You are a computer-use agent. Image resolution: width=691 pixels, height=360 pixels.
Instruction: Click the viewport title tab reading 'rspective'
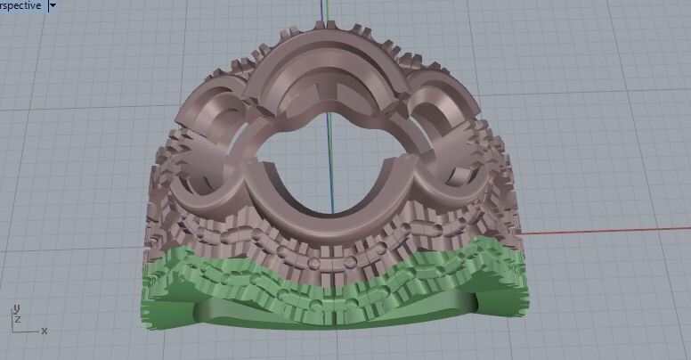(x=20, y=5)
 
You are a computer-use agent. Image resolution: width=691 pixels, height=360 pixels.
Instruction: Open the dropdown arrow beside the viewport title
(x=53, y=5)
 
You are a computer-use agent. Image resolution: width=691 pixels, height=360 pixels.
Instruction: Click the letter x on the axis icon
(x=45, y=331)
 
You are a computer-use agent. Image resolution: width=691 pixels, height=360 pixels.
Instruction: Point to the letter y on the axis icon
(x=17, y=308)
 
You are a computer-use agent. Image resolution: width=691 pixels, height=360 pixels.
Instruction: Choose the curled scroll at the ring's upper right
(x=445, y=107)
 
